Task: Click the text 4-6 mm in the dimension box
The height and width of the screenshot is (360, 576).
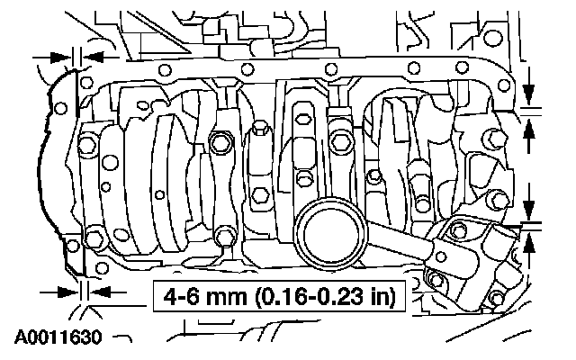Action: (x=205, y=296)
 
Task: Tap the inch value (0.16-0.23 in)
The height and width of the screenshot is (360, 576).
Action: (x=326, y=297)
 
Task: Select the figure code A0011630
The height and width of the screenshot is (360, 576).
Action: (x=58, y=337)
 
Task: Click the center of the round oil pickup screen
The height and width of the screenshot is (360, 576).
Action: (x=330, y=234)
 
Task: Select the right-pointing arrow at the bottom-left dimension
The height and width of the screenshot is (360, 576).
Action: (x=59, y=292)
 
